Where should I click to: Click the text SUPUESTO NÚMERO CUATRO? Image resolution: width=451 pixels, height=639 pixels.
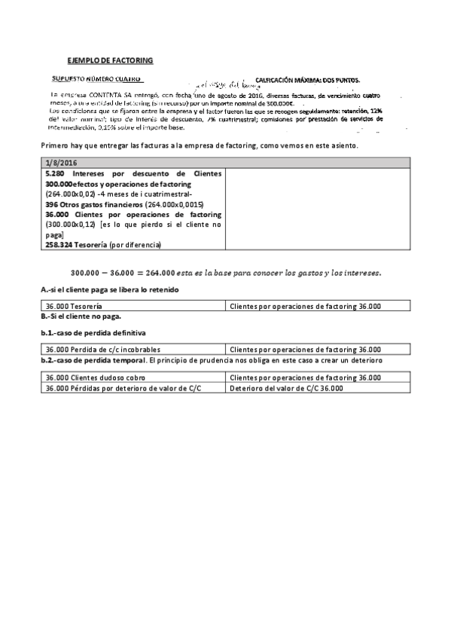[x=96, y=79]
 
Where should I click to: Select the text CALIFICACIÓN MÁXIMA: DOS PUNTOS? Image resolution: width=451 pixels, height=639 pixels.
[x=307, y=80]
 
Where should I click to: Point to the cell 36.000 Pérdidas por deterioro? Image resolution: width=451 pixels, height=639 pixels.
[x=123, y=387]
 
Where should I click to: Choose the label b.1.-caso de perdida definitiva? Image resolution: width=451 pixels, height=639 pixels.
[x=89, y=332]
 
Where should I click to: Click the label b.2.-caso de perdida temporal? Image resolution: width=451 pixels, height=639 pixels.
[x=93, y=360]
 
